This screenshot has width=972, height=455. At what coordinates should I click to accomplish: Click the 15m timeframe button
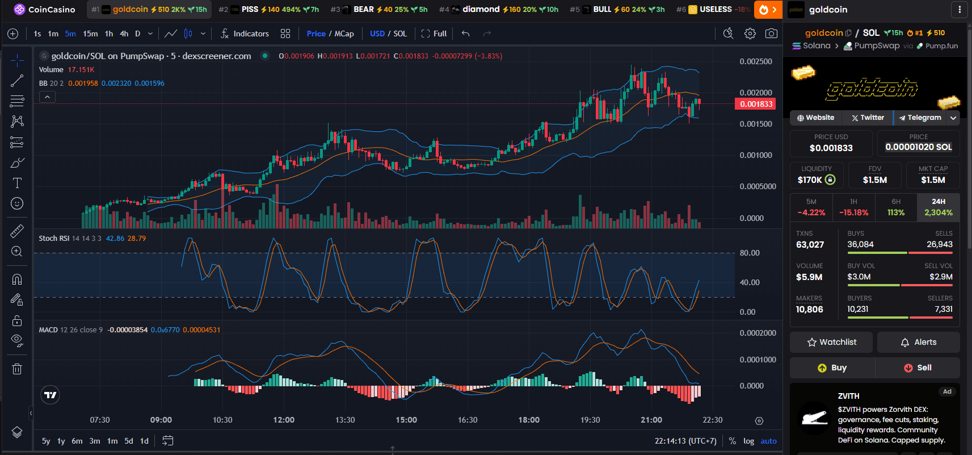click(90, 34)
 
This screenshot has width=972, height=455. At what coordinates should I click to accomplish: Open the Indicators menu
click(245, 34)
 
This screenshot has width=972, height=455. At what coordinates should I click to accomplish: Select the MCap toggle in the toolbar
click(344, 34)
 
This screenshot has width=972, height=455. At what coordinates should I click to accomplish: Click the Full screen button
click(434, 34)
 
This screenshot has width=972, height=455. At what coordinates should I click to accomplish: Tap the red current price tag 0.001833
click(755, 104)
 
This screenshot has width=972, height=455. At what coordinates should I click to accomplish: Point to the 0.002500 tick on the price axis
click(755, 61)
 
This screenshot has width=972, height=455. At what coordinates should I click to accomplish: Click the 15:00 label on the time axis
click(406, 420)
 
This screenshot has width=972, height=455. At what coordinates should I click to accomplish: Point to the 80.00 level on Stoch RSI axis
click(750, 253)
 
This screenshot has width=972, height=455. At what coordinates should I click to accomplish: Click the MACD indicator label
click(48, 329)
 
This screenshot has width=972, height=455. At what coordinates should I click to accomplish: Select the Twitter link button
click(868, 118)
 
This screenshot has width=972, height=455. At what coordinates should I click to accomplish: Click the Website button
click(815, 118)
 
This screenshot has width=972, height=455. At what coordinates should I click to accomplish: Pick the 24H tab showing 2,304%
click(938, 207)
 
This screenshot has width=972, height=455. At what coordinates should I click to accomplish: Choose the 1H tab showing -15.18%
click(853, 207)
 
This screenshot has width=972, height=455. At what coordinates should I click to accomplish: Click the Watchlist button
click(831, 342)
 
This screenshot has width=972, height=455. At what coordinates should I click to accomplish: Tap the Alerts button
click(918, 342)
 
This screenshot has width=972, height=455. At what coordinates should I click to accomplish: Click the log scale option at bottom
click(748, 441)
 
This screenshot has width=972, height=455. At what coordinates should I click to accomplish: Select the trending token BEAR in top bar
click(364, 9)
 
